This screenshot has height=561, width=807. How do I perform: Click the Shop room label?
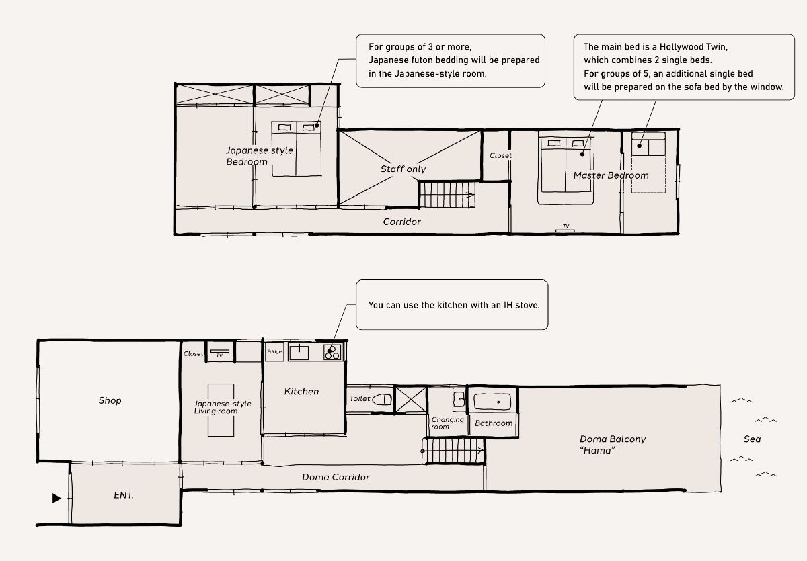click(110, 400)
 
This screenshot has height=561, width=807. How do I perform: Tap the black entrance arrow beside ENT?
click(56, 498)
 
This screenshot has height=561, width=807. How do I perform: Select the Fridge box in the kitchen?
click(274, 351)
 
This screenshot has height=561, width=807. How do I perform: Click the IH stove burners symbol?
click(332, 352)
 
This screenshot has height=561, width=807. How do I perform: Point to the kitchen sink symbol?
click(299, 352)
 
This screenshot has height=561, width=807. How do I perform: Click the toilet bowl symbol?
click(382, 400)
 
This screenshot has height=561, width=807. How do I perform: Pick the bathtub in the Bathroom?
click(492, 402)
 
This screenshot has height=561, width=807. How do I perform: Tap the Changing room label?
click(447, 423)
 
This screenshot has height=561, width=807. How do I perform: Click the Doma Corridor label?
click(336, 477)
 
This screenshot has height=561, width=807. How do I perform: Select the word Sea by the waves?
click(753, 439)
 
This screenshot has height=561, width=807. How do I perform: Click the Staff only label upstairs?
click(403, 169)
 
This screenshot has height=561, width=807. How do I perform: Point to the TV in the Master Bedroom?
click(565, 230)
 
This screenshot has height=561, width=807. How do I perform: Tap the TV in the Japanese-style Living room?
click(220, 351)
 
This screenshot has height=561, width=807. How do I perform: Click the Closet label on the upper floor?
click(500, 155)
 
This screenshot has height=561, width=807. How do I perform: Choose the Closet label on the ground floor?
click(193, 353)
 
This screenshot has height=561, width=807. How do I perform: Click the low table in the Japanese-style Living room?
click(221, 411)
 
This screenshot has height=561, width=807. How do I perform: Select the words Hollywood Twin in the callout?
click(693, 47)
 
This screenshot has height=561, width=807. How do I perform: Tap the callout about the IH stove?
click(452, 305)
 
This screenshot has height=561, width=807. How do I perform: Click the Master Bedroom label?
click(611, 175)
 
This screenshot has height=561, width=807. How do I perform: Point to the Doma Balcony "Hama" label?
click(613, 445)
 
